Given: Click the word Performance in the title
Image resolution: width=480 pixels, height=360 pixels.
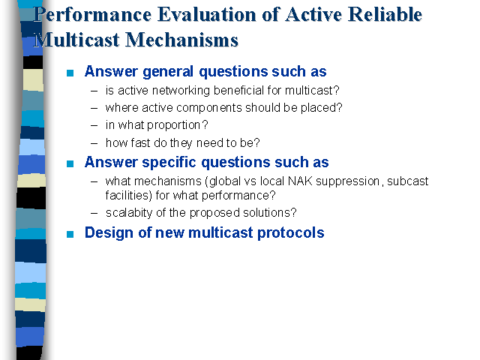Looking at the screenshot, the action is (x=92, y=15).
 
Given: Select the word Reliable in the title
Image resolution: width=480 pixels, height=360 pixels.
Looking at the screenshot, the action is (x=385, y=14).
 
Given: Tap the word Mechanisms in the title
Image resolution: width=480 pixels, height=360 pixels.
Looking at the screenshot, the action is (x=181, y=40).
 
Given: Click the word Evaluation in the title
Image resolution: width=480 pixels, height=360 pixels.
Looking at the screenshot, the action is (x=207, y=14).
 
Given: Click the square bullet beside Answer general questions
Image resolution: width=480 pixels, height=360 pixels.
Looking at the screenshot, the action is (x=70, y=73).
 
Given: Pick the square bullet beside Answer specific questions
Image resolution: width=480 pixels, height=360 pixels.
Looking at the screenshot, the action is (x=70, y=163).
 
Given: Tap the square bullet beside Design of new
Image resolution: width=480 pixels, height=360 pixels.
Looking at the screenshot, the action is (x=70, y=234).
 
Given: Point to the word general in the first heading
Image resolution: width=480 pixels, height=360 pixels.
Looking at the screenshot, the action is (x=168, y=72).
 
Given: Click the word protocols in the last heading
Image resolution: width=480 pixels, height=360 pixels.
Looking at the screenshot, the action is (x=291, y=233).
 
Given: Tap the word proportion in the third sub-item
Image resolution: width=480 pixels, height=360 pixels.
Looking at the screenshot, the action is (x=174, y=125).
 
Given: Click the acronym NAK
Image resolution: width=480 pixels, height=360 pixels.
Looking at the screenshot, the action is (x=300, y=181).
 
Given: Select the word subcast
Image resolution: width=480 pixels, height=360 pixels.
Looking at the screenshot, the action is (x=408, y=181).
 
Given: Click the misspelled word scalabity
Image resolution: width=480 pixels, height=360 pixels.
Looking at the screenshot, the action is (x=129, y=213).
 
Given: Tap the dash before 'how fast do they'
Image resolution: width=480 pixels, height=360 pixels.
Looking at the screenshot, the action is (x=94, y=143).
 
